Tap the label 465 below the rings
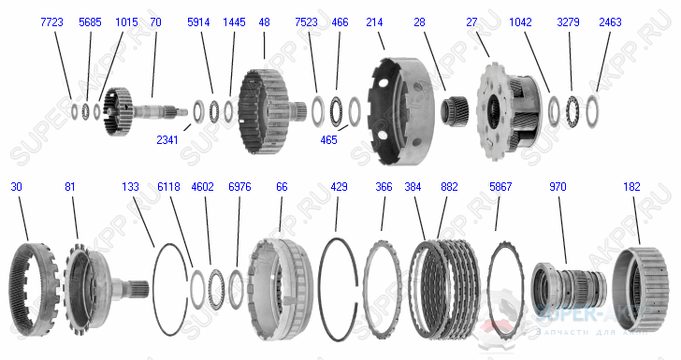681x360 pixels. tap(328, 139)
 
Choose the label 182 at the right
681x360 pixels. tap(632, 186)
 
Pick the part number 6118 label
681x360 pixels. tap(170, 186)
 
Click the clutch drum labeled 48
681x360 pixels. tap(265, 108)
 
